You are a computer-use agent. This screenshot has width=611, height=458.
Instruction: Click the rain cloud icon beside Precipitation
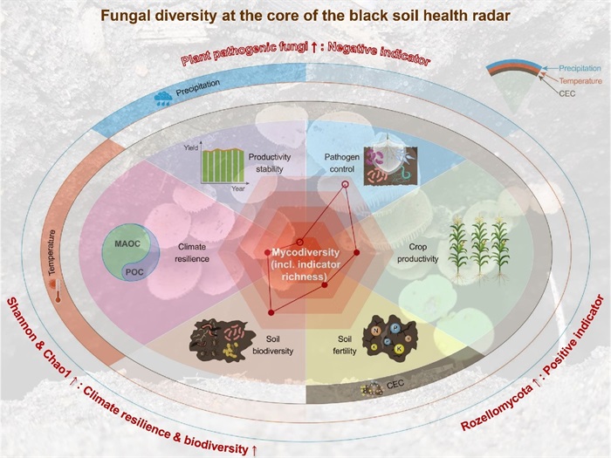pyautogui.click(x=163, y=97)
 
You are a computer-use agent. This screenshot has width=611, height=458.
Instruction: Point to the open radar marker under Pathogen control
pyautogui.click(x=344, y=185)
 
